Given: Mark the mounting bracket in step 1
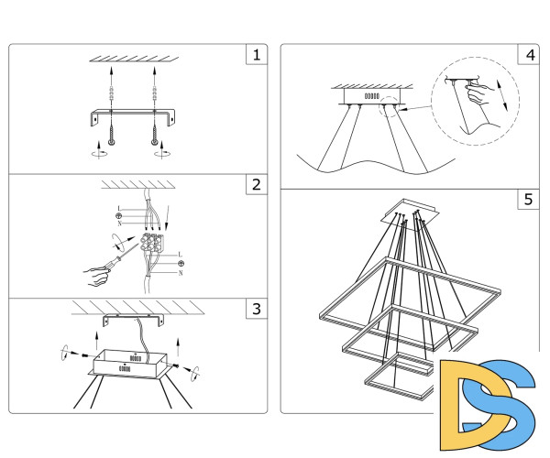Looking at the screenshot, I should click(133, 116).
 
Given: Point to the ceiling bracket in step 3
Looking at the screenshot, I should click(132, 318).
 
